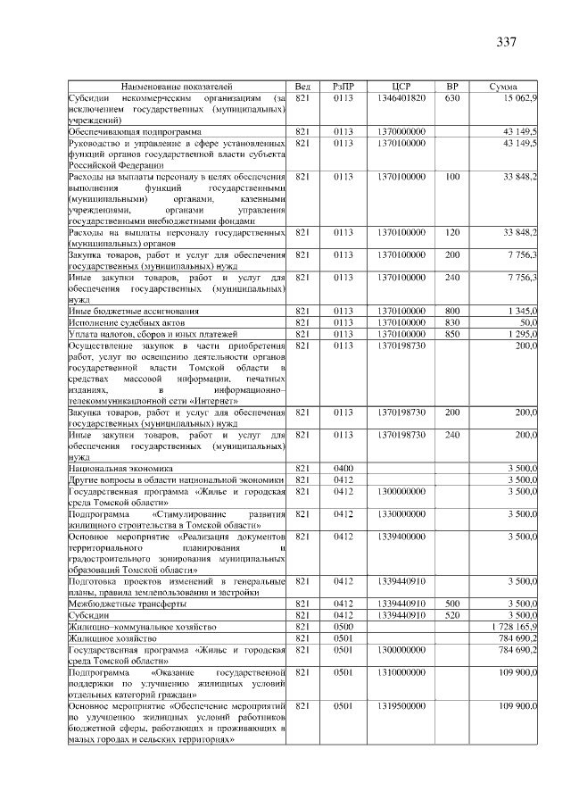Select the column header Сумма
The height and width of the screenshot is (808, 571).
[504, 86]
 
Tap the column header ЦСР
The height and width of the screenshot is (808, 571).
[401, 86]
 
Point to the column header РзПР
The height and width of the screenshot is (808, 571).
[343, 86]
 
